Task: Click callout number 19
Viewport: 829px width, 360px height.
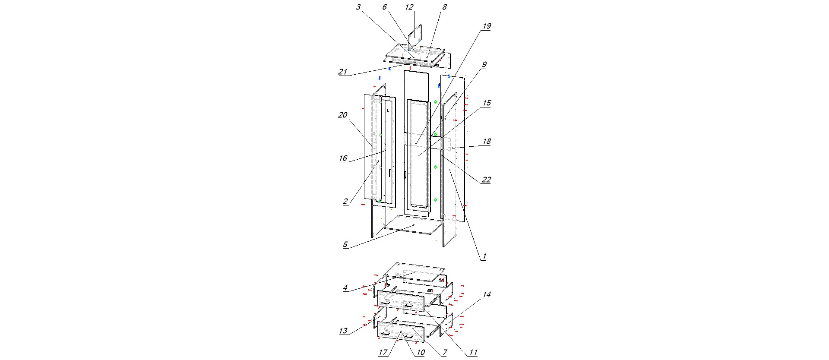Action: pos(487,26)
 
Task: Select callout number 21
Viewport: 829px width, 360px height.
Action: pos(342,72)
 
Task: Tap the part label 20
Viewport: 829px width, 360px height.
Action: pos(342,115)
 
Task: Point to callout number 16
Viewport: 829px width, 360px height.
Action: pos(343,158)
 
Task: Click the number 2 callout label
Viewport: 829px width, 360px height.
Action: pos(345,202)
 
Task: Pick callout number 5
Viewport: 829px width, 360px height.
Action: pos(345,245)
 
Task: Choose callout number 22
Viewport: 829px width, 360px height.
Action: pos(486,180)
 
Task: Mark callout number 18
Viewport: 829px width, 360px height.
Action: pos(487,142)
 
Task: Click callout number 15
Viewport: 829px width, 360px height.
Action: pos(487,103)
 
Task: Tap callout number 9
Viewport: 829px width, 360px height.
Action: pos(484,65)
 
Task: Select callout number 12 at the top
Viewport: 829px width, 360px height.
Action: pos(409,7)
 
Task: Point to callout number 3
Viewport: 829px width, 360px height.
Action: pos(358,7)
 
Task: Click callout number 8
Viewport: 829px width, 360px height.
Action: pos(444,7)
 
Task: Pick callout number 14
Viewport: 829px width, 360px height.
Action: pos(487,295)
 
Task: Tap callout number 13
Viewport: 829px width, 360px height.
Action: pos(343,331)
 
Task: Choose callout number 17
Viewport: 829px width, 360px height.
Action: pos(383,353)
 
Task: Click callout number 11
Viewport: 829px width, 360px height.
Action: pos(473,353)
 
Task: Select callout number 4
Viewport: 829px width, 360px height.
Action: pos(345,288)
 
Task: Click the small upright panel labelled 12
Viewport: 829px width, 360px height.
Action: pos(415,36)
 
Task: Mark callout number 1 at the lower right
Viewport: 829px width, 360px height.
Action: pos(484,256)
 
